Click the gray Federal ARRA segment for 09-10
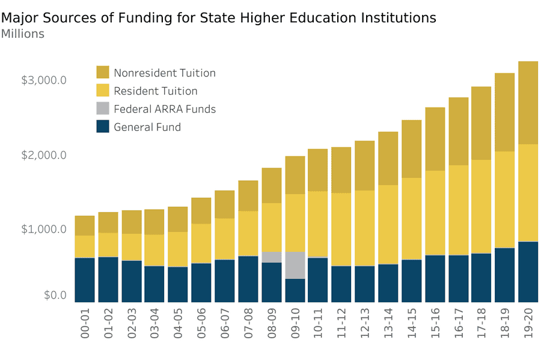click(x=295, y=265)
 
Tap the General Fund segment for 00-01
click(x=84, y=279)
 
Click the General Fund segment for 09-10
click(x=295, y=290)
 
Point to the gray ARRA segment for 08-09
click(x=271, y=257)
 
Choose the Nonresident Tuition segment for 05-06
click(x=201, y=210)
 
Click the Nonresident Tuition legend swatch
click(x=103, y=73)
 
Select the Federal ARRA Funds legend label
click(x=165, y=109)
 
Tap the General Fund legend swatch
click(x=103, y=127)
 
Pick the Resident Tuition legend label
click(x=156, y=91)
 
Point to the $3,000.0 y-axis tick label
click(x=44, y=81)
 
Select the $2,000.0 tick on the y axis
click(x=44, y=155)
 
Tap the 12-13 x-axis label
click(x=365, y=325)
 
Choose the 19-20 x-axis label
click(x=529, y=325)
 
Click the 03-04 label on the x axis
click(x=154, y=325)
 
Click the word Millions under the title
click(x=23, y=34)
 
